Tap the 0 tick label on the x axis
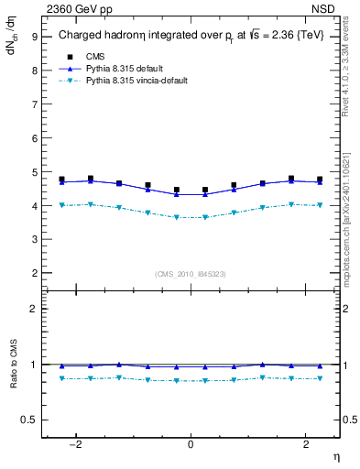[x=191, y=444]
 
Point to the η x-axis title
[x=335, y=456]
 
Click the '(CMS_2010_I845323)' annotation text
[x=191, y=274]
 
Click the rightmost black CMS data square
[x=320, y=180]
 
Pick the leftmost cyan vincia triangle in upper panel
[x=61, y=205]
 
